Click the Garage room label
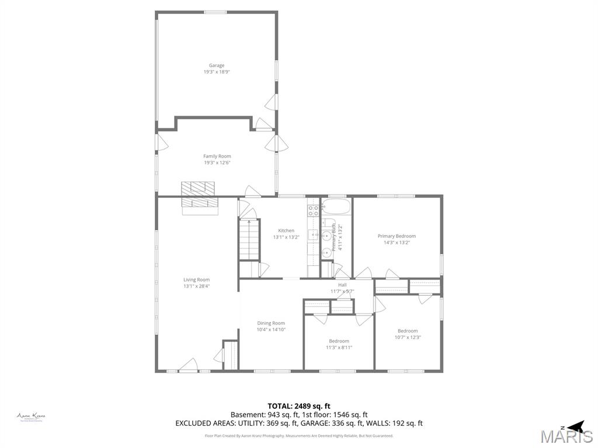coord(217,65)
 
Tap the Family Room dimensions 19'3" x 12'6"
coord(217,163)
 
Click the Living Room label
coord(196,279)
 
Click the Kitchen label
coord(286,230)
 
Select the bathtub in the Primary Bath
coord(336,206)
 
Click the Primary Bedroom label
coord(397,236)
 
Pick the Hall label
coord(342,285)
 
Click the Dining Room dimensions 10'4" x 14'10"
coord(271,330)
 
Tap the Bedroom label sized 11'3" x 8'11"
coord(339,341)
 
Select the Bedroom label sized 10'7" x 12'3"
coord(408,331)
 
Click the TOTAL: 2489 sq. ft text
coord(299,405)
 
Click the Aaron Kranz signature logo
coord(31,416)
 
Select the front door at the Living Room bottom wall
coord(188,366)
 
